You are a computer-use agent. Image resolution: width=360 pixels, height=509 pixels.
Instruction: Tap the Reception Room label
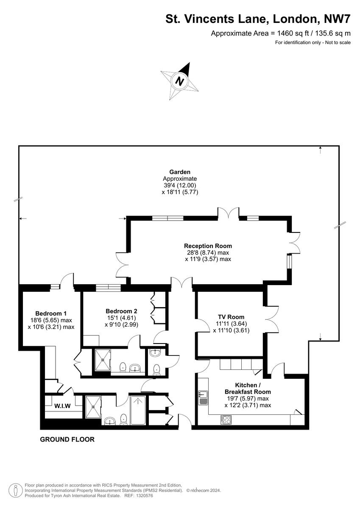(208, 246)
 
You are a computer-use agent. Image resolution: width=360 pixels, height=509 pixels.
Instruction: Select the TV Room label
(231, 317)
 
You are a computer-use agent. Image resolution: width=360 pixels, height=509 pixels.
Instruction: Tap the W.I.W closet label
(62, 406)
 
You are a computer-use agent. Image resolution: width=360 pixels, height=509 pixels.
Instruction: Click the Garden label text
(180, 172)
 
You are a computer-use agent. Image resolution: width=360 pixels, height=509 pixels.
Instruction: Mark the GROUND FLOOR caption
(67, 439)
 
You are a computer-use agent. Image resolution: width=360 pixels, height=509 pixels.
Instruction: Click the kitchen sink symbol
(203, 397)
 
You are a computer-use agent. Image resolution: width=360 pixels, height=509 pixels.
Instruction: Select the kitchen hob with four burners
(226, 420)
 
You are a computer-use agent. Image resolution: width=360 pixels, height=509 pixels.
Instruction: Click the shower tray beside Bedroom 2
(102, 360)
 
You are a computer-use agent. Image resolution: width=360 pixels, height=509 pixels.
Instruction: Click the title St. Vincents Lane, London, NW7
(258, 19)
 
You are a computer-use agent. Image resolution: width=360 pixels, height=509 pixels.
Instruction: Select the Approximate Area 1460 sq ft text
(281, 33)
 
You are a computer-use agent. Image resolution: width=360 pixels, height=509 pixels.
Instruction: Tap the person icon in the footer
(16, 491)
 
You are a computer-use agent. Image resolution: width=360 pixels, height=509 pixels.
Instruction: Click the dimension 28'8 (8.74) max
(208, 253)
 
